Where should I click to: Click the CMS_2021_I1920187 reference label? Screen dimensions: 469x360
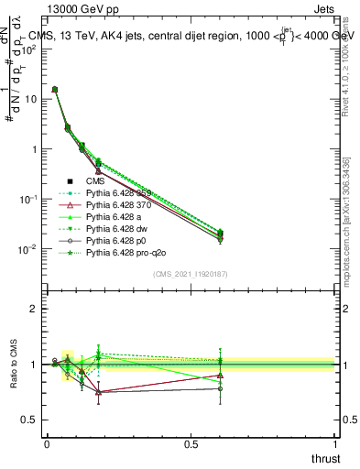(190, 274)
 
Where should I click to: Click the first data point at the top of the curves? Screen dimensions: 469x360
(55, 90)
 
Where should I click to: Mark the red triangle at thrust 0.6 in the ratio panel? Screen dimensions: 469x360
(220, 375)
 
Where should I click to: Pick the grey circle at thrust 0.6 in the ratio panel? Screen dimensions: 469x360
(220, 388)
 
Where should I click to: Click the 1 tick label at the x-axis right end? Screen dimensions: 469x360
(335, 444)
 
